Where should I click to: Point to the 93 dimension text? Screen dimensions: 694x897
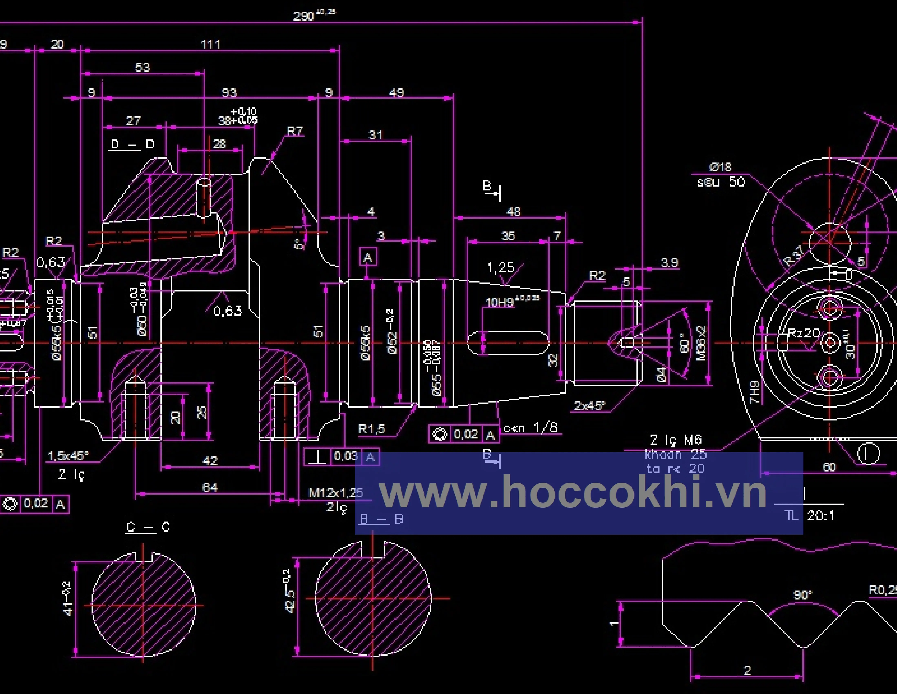point(229,92)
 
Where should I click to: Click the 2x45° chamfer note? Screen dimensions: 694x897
point(589,406)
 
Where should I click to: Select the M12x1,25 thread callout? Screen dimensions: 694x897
point(336,493)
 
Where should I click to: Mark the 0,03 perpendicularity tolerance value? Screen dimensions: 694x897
point(345,456)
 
